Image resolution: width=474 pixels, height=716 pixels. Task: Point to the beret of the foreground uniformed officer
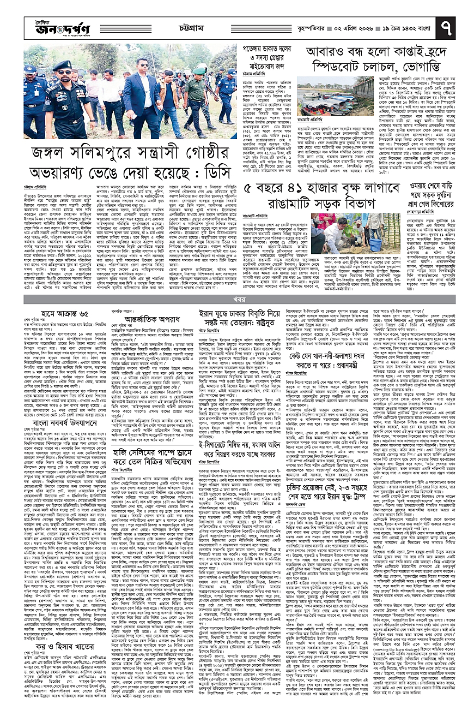point(62,65)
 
